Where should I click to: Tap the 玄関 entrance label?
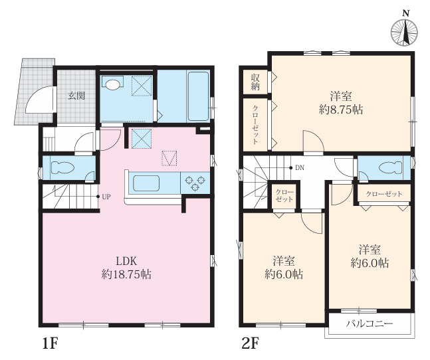click(76, 96)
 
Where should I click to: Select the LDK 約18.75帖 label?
click(126, 268)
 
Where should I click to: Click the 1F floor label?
click(51, 343)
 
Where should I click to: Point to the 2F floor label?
click(251, 343)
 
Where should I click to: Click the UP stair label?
click(106, 197)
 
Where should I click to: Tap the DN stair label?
click(300, 167)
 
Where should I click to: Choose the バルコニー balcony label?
click(369, 324)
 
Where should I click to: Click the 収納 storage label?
click(255, 82)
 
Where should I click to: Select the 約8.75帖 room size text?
click(341, 110)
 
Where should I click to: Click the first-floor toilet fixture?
click(62, 167)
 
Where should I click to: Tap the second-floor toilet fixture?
click(390, 167)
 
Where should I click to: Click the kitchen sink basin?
click(146, 183)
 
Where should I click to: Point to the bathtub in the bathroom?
click(198, 96)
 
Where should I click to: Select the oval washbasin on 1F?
click(113, 84)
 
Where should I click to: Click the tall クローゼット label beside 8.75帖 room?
click(255, 124)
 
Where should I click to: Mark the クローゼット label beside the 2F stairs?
click(284, 196)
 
